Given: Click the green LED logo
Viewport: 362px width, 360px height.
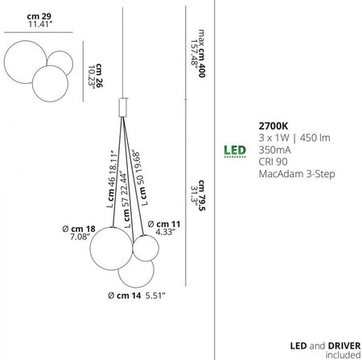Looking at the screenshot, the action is pos(235,151).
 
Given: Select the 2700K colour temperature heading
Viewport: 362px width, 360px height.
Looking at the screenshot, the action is pos(274,126).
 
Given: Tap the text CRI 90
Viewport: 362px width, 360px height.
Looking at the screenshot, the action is pos(273,162).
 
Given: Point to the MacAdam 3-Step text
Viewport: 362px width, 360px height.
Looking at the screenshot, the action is pos(297,174).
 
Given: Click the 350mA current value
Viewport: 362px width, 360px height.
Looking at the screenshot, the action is pos(274,150).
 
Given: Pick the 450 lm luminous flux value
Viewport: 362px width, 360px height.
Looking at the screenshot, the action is pos(315,138).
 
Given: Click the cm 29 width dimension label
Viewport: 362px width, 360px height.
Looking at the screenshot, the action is pos(39,16).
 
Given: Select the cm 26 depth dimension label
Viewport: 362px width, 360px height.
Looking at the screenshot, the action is pos(99,76).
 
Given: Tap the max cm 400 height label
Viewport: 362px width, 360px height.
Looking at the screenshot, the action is pos(202,53).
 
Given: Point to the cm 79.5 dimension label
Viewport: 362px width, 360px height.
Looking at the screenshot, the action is pos(202,195).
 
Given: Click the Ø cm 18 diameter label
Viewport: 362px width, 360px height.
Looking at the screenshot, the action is pos(79,229).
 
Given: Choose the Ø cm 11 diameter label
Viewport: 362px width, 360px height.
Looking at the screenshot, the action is pos(164,224).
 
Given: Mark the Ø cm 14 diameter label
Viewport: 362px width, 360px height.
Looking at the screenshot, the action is pos(125,296).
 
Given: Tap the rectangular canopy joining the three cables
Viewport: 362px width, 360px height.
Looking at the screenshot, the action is pos(123,107).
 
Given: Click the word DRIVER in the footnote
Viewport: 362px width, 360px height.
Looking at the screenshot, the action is pos(344,346).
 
